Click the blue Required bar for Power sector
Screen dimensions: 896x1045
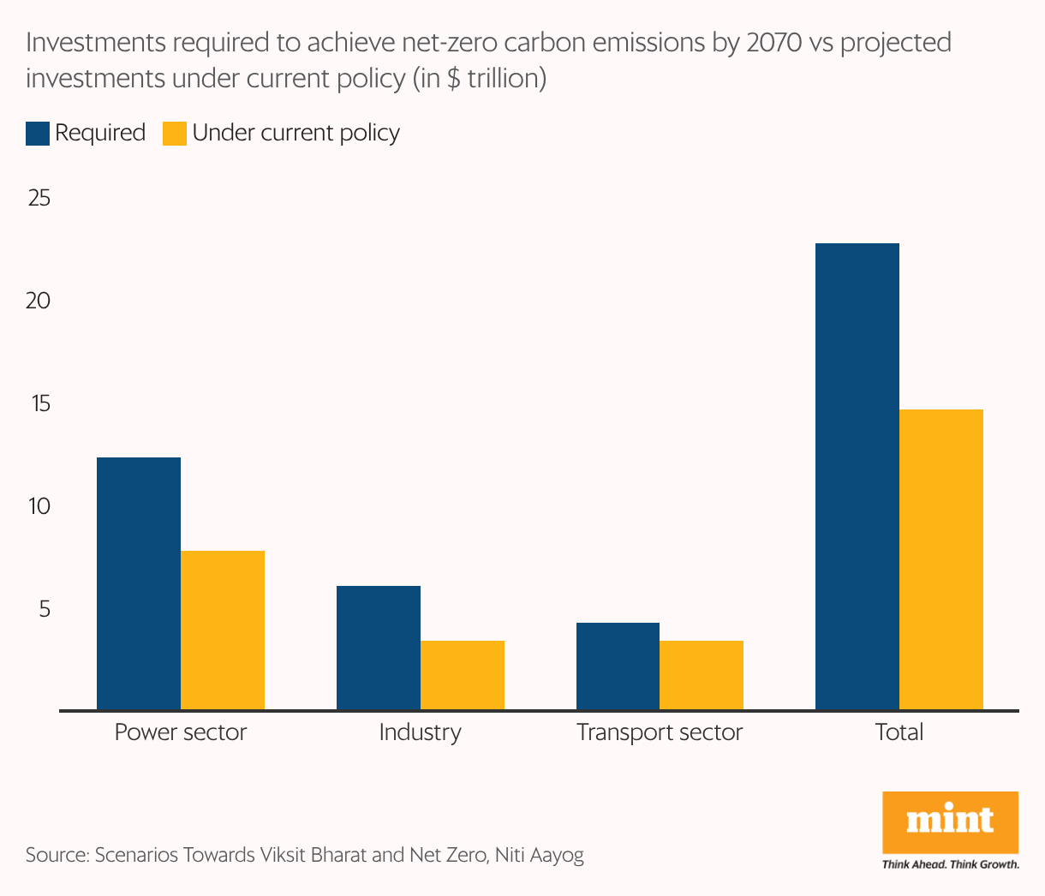coord(139,583)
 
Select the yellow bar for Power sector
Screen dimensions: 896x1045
coord(223,630)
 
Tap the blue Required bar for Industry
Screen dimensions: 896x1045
coord(378,648)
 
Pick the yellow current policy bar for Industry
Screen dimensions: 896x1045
coord(463,675)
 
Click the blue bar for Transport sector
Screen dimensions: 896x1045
coord(618,666)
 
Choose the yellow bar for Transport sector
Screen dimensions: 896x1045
coord(702,675)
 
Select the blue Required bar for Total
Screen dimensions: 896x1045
coord(857,476)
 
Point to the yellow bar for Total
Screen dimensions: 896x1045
coord(941,559)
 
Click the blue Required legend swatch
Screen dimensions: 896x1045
coord(38,134)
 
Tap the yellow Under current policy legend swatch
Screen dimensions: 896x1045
coord(175,134)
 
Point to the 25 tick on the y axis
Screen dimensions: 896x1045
coord(39,199)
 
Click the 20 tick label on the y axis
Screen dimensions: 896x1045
coord(39,302)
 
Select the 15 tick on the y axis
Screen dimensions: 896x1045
coord(39,404)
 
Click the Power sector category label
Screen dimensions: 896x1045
coord(180,732)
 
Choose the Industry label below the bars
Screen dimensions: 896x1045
coord(420,732)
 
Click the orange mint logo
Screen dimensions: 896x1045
coord(950,821)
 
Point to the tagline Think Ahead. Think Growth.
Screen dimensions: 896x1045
coord(950,864)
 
